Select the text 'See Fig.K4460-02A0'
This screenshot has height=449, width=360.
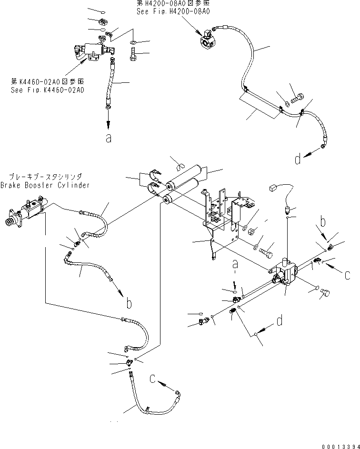(x=47, y=90)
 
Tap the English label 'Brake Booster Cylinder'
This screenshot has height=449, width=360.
(x=45, y=186)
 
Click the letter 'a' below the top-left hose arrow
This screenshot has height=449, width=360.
(x=109, y=138)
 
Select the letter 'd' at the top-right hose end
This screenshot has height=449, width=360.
(x=298, y=159)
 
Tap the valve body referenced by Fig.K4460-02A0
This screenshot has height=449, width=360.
(x=90, y=51)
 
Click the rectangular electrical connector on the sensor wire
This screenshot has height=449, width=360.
(x=273, y=189)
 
